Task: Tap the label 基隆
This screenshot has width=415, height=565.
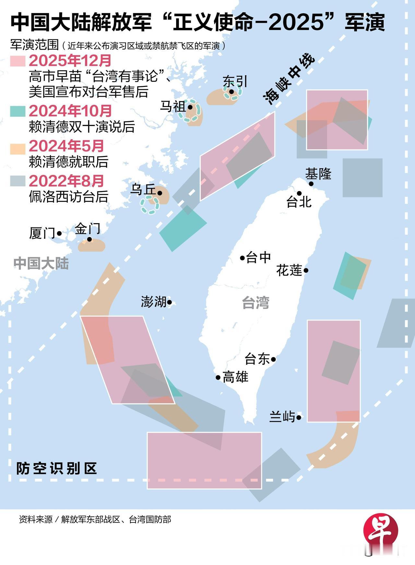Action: click(x=318, y=174)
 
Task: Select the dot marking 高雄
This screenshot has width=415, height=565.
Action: click(x=218, y=378)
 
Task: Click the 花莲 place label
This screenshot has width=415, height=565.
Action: click(x=289, y=270)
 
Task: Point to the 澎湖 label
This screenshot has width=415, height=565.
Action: click(x=153, y=302)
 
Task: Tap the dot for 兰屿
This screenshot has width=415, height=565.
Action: click(x=299, y=417)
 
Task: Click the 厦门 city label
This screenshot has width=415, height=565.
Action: click(x=42, y=233)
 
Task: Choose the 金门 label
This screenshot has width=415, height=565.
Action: click(x=87, y=229)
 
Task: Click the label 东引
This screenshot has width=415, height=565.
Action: click(x=235, y=81)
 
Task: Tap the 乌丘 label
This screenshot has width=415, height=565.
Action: click(x=143, y=190)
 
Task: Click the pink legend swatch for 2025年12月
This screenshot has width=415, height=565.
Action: click(x=18, y=61)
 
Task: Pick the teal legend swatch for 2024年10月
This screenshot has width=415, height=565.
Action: click(x=18, y=111)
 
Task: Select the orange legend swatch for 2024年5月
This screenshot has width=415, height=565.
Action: click(x=18, y=147)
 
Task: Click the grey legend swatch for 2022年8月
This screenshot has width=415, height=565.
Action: click(x=18, y=181)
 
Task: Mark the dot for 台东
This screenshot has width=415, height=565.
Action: click(x=274, y=359)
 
